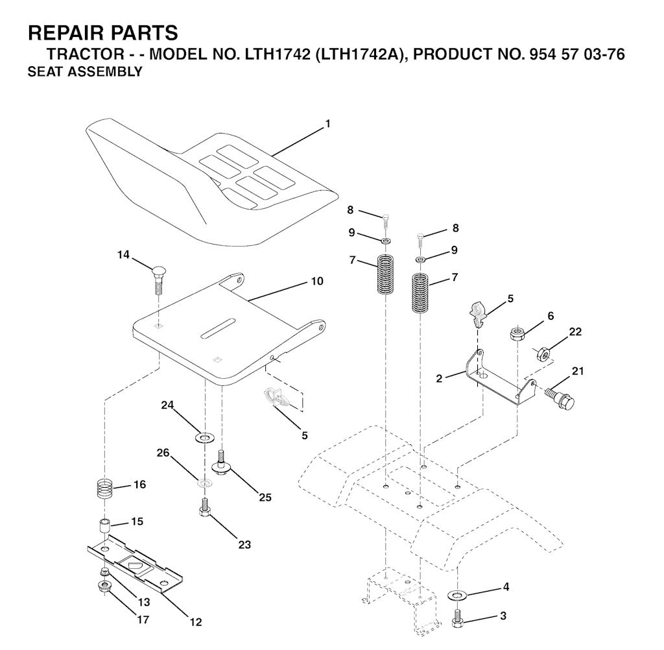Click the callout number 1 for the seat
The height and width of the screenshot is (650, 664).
[327, 124]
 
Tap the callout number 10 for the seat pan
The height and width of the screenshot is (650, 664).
[317, 281]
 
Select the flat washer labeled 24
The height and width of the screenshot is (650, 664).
[205, 437]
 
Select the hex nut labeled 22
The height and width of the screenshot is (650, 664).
[543, 353]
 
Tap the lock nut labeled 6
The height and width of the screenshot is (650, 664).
[517, 333]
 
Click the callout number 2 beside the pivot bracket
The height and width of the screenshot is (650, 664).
[439, 378]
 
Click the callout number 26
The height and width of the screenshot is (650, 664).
[163, 453]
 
